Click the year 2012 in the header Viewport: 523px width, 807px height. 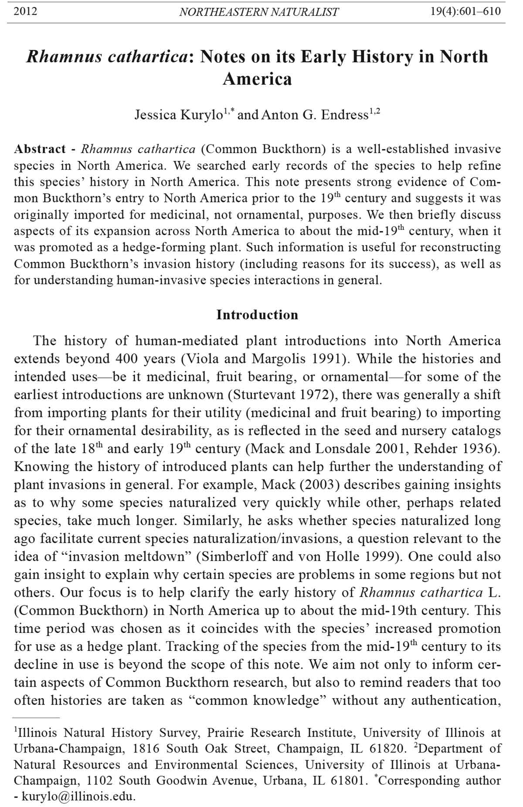(x=25, y=11)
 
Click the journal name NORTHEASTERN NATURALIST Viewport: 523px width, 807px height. (x=258, y=12)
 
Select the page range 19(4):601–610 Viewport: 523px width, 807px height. (x=465, y=11)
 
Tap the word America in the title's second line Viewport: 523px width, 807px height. (x=257, y=79)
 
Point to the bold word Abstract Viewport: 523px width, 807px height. (x=40, y=149)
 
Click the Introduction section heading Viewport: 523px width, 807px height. (x=257, y=315)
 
